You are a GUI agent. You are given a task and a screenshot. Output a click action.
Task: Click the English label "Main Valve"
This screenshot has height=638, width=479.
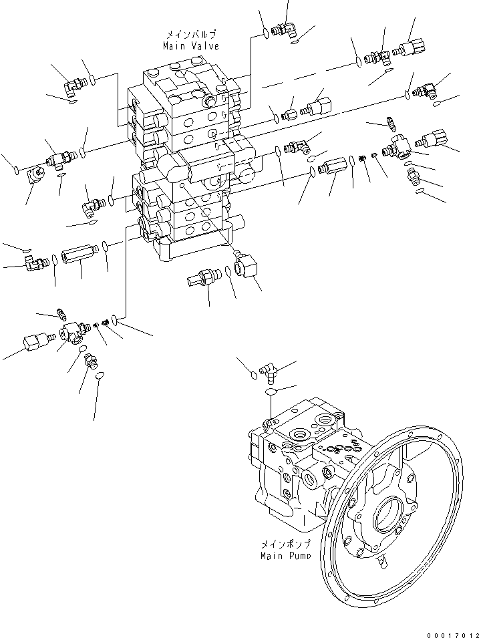click(190, 46)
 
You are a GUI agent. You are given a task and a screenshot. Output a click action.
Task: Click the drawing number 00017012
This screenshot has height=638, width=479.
click(452, 633)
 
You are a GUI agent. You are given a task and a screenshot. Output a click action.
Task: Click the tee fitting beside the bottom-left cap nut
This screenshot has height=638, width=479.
click(71, 330)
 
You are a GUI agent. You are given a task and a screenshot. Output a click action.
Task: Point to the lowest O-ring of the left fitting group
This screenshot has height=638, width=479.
click(100, 377)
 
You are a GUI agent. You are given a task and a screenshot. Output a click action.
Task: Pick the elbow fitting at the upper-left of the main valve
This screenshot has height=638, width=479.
click(72, 84)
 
